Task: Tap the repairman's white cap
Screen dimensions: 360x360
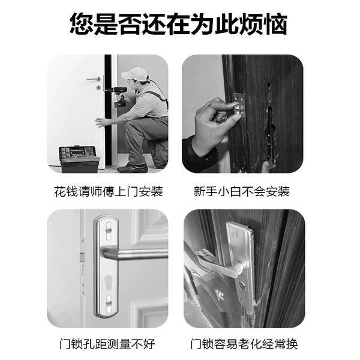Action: click(134, 73)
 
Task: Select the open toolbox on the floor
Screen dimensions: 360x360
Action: click(79, 159)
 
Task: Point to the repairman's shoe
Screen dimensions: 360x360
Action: click(133, 169)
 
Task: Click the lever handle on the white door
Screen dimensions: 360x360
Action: click(94, 79)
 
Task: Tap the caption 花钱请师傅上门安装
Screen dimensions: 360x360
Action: click(109, 192)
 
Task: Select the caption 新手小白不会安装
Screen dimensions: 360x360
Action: click(241, 192)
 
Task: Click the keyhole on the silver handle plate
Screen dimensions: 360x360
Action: click(107, 281)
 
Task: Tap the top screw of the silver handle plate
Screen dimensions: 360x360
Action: click(108, 230)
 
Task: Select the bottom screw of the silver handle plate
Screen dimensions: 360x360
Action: click(109, 304)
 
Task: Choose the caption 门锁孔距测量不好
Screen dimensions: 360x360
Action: click(107, 344)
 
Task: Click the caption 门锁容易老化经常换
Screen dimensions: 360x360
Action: click(244, 344)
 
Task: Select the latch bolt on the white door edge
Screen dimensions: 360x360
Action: click(82, 257)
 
